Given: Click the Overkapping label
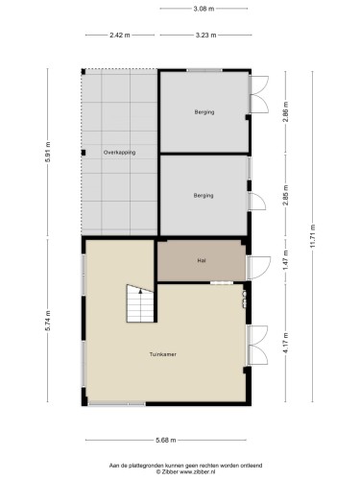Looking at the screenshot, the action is [119, 153].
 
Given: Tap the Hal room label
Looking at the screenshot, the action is [202, 260].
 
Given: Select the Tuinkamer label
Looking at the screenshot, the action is [163, 354].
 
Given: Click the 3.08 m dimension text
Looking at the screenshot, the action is [204, 9].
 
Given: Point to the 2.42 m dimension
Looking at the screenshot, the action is [120, 36].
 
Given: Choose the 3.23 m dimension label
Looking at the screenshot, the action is [205, 36].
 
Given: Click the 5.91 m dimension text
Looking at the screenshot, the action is [48, 152].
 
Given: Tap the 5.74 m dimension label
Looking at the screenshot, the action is [48, 321].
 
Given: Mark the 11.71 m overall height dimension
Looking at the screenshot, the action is [313, 236].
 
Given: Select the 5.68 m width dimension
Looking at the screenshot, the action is [166, 440].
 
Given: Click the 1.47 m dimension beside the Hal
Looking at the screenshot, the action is [286, 260].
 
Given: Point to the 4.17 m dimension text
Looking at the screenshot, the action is [286, 343].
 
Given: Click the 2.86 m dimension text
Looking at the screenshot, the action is [286, 111].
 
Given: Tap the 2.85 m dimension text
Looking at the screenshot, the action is [286, 195].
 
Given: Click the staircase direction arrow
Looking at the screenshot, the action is [140, 290].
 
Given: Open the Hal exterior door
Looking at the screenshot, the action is [258, 268].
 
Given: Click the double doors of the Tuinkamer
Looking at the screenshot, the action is [257, 345].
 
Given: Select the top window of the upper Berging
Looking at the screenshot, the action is [204, 70].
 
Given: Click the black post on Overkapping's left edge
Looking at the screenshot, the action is [84, 153].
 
